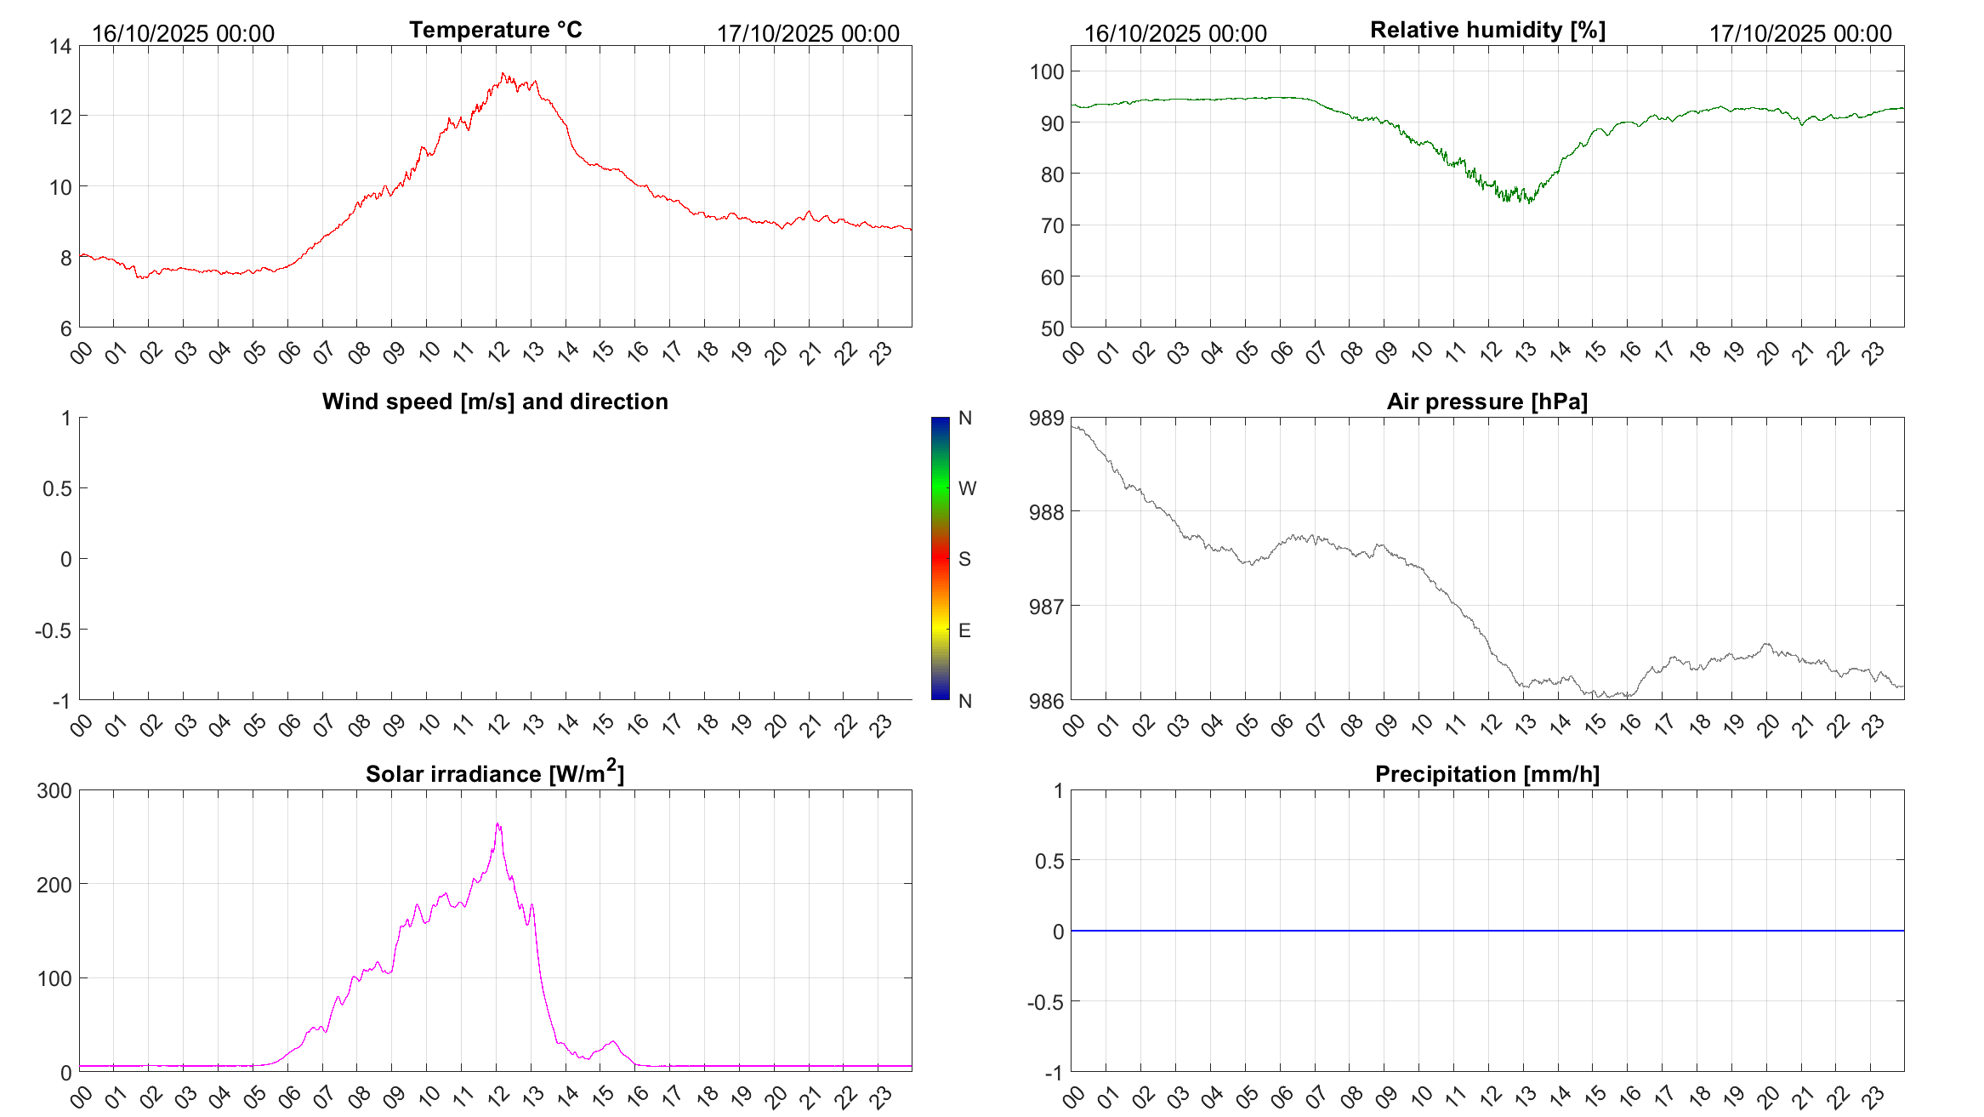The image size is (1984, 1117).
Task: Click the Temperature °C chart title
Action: (x=495, y=30)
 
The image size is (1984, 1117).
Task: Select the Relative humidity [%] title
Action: (x=1487, y=30)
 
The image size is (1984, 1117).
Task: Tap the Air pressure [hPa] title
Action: (x=1487, y=402)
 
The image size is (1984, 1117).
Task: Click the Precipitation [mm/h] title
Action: (x=1487, y=774)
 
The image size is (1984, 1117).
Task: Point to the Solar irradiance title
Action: (x=494, y=773)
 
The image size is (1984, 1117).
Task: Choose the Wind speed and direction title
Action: (x=494, y=402)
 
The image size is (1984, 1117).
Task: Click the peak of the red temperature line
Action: (x=503, y=74)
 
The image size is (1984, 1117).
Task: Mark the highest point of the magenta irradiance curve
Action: (x=497, y=824)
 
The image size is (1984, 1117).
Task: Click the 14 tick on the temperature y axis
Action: (x=60, y=47)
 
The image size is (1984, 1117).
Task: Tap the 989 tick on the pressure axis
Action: (x=1046, y=419)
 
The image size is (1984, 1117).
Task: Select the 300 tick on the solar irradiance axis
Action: (x=54, y=791)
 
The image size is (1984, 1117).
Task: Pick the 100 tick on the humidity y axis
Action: (x=1046, y=72)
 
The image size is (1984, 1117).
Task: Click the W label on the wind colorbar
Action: (x=967, y=488)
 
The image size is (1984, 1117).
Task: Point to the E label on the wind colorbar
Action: (x=964, y=630)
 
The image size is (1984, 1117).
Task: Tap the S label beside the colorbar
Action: (x=964, y=559)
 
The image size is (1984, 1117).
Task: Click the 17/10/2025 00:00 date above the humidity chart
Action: (x=1800, y=34)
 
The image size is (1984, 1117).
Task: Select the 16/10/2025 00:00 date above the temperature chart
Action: (x=183, y=34)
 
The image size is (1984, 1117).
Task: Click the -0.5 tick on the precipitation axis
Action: (x=1045, y=1002)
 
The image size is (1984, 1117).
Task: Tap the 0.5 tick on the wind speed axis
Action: (x=57, y=488)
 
